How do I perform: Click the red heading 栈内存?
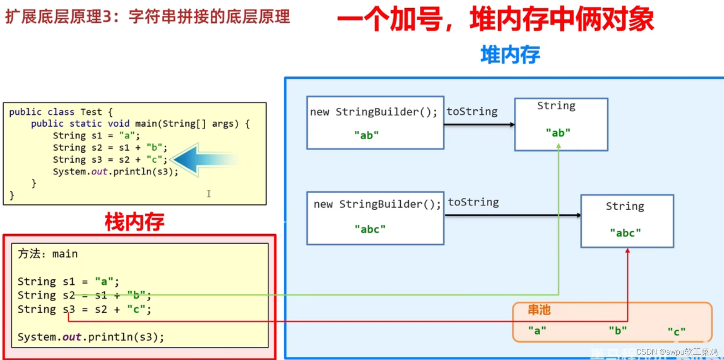pyautogui.click(x=135, y=222)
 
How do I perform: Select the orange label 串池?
pyautogui.click(x=539, y=310)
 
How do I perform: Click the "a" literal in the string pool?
pyautogui.click(x=537, y=331)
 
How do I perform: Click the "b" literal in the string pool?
pyautogui.click(x=618, y=331)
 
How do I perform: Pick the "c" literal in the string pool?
pyautogui.click(x=676, y=331)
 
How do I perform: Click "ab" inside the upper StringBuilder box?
pyautogui.click(x=366, y=135)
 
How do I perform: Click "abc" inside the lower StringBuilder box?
pyautogui.click(x=370, y=229)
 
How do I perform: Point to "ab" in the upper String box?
pyautogui.click(x=558, y=133)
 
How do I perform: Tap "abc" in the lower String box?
pyautogui.click(x=625, y=233)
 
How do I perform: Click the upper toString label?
pyautogui.click(x=472, y=111)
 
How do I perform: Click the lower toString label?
pyautogui.click(x=473, y=202)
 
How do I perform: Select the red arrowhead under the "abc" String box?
pyautogui.click(x=628, y=251)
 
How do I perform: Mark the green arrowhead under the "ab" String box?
pyautogui.click(x=558, y=146)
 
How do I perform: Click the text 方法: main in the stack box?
pyautogui.click(x=48, y=254)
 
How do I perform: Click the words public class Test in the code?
pyautogui.click(x=55, y=112)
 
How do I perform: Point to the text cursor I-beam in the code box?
pyautogui.click(x=209, y=194)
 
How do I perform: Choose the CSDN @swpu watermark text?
pyautogui.click(x=676, y=352)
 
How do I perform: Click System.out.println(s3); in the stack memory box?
pyautogui.click(x=91, y=337)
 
